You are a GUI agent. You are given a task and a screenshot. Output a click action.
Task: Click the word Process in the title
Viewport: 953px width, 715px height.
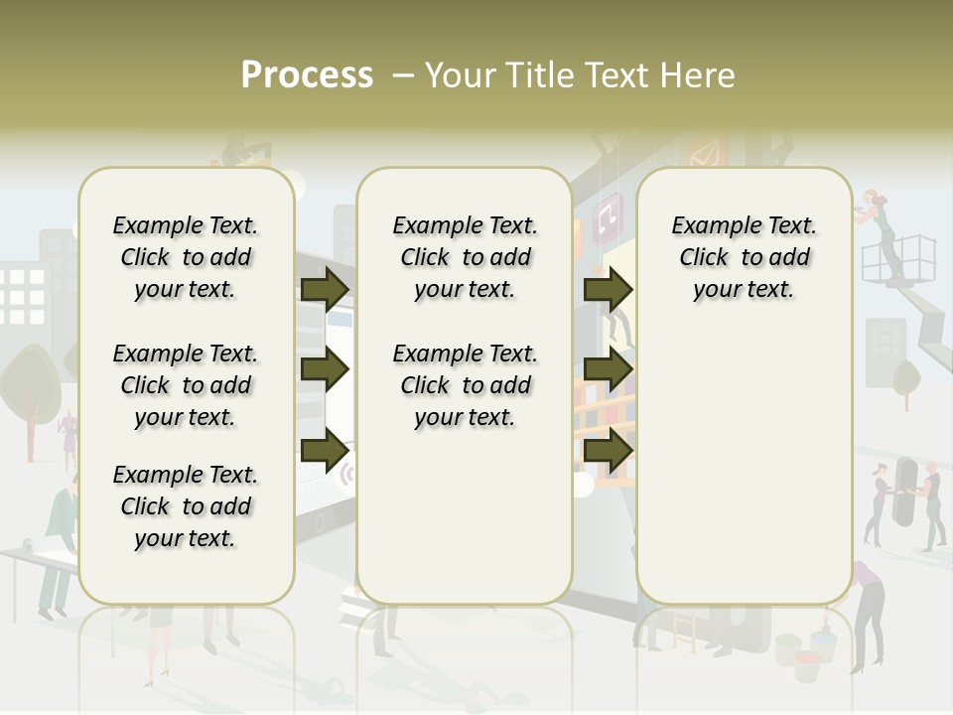307,75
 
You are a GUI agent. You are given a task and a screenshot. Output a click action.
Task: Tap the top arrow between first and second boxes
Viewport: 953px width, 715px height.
324,289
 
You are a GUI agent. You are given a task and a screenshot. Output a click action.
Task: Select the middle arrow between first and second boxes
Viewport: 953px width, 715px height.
324,369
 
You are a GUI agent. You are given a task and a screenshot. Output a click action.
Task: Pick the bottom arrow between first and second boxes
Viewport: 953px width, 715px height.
324,451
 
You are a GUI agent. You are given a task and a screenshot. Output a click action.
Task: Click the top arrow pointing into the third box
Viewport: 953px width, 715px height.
608,289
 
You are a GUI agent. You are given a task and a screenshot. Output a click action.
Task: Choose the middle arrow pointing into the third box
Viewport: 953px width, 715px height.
608,369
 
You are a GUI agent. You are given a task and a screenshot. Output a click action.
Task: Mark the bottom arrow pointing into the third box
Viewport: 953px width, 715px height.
608,451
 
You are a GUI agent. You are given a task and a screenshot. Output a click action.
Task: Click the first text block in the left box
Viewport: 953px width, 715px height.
186,257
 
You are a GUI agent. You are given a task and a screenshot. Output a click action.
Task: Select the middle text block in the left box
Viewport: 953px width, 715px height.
186,385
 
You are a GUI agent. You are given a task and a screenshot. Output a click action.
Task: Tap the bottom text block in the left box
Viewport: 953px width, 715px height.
186,506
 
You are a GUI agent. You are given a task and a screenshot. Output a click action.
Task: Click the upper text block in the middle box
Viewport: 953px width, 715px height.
465,257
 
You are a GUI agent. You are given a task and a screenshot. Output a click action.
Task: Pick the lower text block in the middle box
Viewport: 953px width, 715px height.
465,385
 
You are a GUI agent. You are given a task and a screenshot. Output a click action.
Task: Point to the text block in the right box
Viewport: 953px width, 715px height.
744,257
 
